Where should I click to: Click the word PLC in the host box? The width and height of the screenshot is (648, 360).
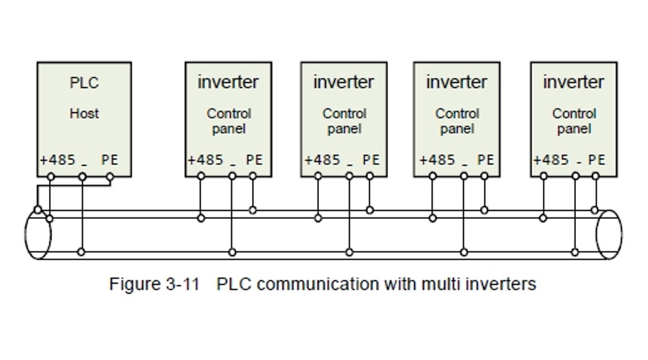84,83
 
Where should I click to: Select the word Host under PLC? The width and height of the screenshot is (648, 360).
84,113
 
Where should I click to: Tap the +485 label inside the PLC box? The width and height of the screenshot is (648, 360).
58,160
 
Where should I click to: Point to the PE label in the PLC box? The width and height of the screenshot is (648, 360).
109,160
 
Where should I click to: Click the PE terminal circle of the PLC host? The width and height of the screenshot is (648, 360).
110,176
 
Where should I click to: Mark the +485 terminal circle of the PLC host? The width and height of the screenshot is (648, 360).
51,176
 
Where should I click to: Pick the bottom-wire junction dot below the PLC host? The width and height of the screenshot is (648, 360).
81,251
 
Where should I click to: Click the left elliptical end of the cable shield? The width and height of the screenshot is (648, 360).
37,235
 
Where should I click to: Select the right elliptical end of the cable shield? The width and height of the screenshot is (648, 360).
609,235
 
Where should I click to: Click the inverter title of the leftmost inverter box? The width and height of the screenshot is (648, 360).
228,82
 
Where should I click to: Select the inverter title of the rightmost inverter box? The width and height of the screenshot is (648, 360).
574,82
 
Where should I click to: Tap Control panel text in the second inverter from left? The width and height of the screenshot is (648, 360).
344,121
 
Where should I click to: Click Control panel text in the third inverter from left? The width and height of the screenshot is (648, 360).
457,121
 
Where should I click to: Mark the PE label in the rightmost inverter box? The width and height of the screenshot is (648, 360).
596,160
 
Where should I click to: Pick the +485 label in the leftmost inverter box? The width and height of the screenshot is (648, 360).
205,160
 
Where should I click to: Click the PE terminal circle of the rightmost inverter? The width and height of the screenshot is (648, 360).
595,176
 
